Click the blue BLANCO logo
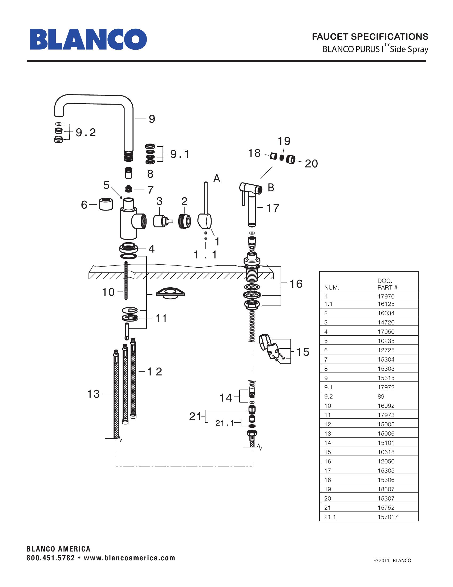coord(88,39)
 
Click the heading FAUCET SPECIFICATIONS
coord(370,37)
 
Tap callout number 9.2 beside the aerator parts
coord(86,133)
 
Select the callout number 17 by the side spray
coord(273,208)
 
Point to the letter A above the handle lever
coord(217,179)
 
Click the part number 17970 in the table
coord(386,296)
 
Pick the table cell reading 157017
coord(387,517)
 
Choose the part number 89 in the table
coord(381,396)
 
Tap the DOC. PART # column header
coord(387,284)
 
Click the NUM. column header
coord(332,288)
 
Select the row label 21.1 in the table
coord(330,517)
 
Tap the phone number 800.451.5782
coord(51,558)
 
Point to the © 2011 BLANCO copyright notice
coord(393,560)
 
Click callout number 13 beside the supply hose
coord(93,394)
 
